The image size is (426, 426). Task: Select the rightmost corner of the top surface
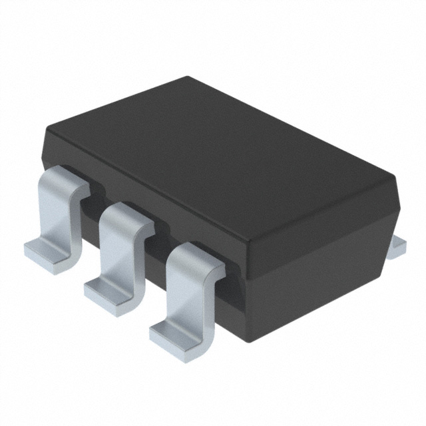pos(395,178)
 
